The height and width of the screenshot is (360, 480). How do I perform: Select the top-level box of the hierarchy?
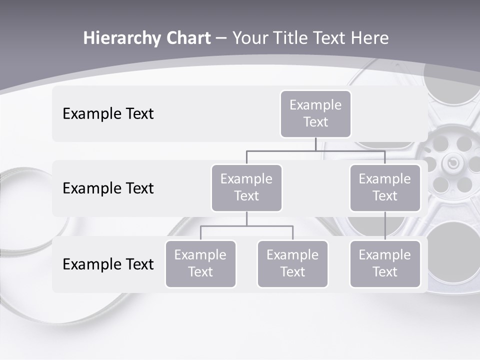(x=315, y=114)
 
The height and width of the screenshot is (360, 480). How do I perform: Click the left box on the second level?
(x=246, y=188)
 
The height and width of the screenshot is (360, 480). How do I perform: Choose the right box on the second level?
(x=385, y=188)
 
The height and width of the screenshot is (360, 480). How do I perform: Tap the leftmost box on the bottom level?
(x=200, y=264)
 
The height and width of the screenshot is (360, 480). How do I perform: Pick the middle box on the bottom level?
(x=292, y=264)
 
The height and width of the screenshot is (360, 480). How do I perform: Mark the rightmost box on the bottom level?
(x=385, y=264)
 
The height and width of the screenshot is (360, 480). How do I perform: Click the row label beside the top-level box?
(x=108, y=114)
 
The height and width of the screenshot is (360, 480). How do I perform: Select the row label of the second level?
(x=108, y=188)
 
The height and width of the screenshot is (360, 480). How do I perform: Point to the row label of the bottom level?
(x=108, y=264)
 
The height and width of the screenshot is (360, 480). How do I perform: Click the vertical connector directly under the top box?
(x=315, y=144)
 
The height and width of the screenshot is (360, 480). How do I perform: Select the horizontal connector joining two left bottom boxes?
(x=246, y=226)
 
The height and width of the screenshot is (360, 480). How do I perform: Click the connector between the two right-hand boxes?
(x=385, y=226)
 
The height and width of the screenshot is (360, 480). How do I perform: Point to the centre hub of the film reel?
(x=452, y=163)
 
